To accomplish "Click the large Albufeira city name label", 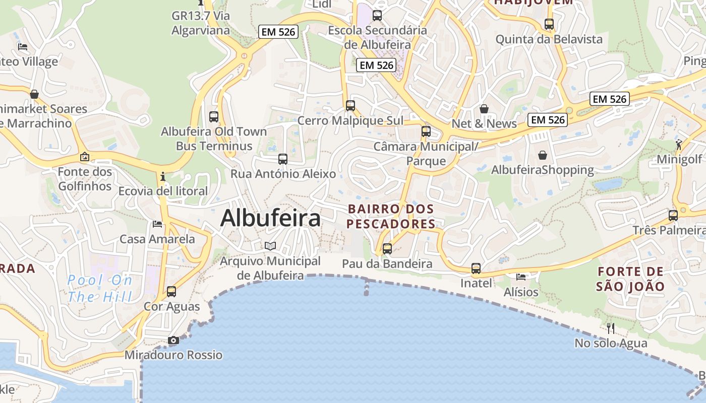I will click(x=270, y=219).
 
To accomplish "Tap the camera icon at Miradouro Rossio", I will click(x=173, y=341).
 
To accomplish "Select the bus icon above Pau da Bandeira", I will click(x=387, y=248).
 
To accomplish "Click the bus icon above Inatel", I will click(x=476, y=268).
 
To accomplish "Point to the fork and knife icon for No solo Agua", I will click(x=611, y=328).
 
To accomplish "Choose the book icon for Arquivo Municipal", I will click(x=271, y=246).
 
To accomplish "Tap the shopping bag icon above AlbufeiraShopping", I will click(x=543, y=155).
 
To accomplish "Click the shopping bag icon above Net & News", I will click(x=484, y=109).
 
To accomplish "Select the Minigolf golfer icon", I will click(x=679, y=145).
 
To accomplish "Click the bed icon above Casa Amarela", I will click(x=157, y=224).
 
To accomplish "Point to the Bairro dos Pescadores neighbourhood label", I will click(x=391, y=216).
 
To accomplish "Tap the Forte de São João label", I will click(x=630, y=279).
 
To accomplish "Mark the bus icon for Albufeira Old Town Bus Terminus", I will click(x=214, y=117).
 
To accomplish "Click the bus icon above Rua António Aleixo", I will click(x=283, y=159).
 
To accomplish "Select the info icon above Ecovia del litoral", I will click(x=162, y=177).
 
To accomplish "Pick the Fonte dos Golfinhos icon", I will click(x=85, y=157).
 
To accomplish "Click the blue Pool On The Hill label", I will click(x=100, y=288).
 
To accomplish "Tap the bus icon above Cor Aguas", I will click(x=171, y=292).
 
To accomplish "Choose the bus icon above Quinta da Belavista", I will click(x=549, y=24).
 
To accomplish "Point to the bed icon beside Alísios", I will click(x=521, y=277).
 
